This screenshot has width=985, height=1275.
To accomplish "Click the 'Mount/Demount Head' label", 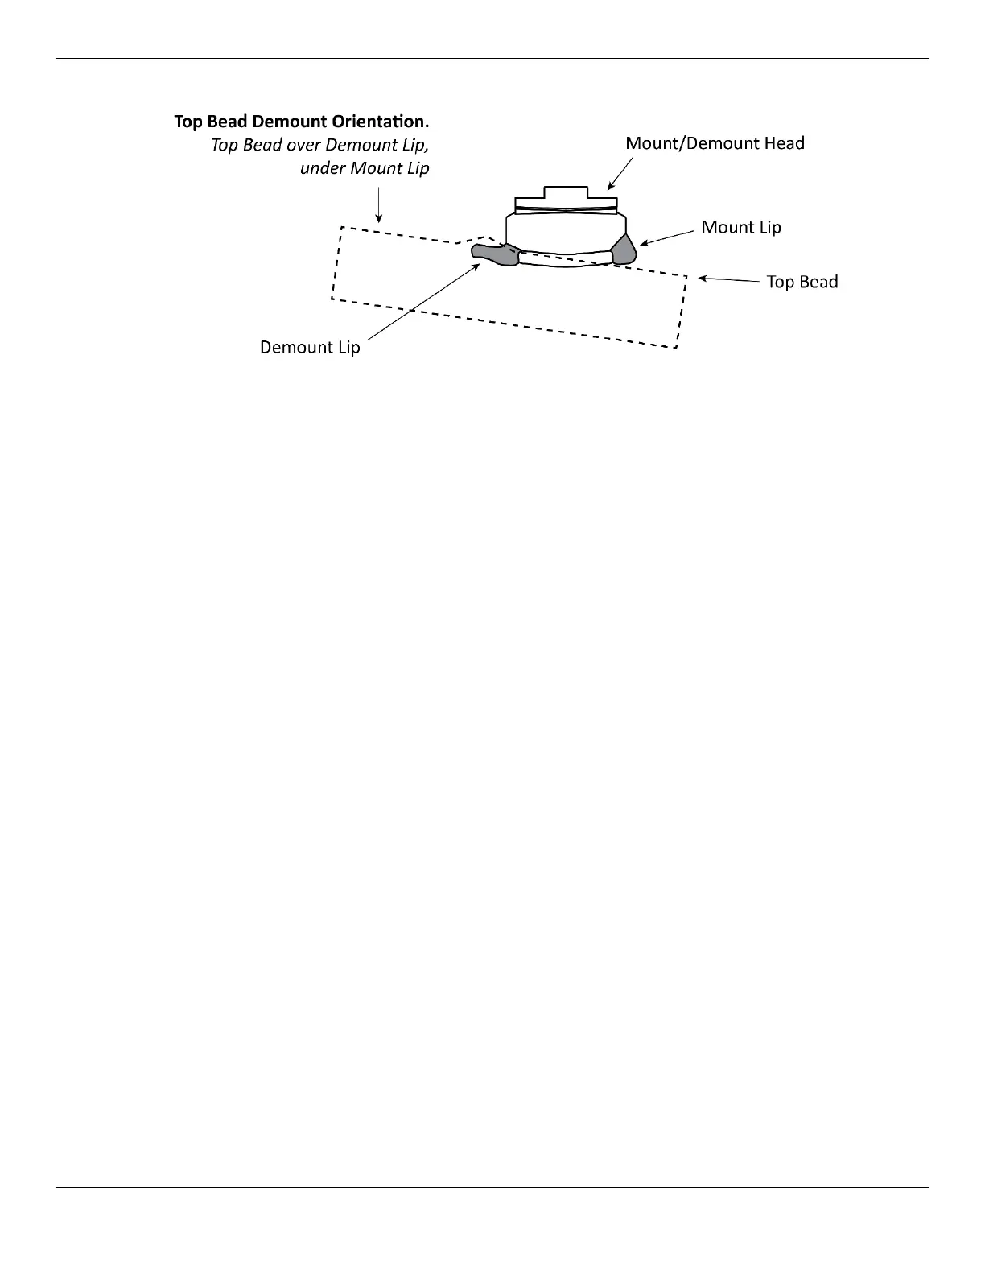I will pyautogui.click(x=715, y=143).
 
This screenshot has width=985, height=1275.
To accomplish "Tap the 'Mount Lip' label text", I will pyautogui.click(x=741, y=227).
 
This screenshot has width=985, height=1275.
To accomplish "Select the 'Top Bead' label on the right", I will pyautogui.click(x=802, y=282).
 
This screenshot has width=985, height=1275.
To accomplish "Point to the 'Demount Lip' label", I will pyautogui.click(x=310, y=347).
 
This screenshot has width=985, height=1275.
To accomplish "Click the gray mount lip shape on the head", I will pyautogui.click(x=624, y=249).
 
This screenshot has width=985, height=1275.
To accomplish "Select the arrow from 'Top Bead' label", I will pyautogui.click(x=728, y=280).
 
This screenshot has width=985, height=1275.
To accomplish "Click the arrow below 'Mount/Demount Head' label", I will pyautogui.click(x=620, y=172).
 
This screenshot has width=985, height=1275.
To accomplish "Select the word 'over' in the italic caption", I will pyautogui.click(x=303, y=146).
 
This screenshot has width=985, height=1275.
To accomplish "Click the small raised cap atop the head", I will pyautogui.click(x=567, y=193).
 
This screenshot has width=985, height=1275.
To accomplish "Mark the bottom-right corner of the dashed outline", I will pyautogui.click(x=676, y=348).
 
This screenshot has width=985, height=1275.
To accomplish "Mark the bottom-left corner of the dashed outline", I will pyautogui.click(x=332, y=299).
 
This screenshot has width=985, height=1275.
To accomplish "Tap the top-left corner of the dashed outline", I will pyautogui.click(x=342, y=228).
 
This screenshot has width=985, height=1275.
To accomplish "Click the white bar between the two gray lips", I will pyautogui.click(x=564, y=258).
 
